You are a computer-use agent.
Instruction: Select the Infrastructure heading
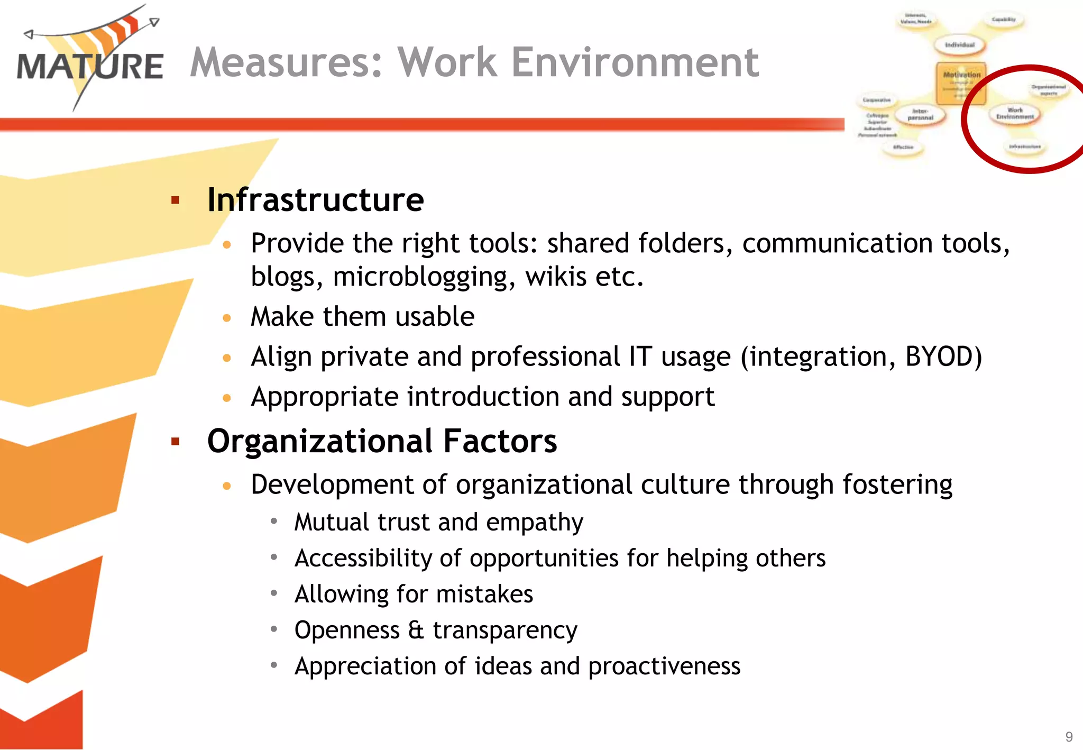pyautogui.click(x=315, y=200)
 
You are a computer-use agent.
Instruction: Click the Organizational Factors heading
pyautogui.click(x=382, y=441)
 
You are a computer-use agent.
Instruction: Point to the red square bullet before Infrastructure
pyautogui.click(x=176, y=200)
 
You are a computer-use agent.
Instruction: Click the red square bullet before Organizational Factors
pyautogui.click(x=176, y=442)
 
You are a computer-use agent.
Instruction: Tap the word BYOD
pyautogui.click(x=943, y=356)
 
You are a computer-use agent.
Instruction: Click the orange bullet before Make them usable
pyautogui.click(x=227, y=318)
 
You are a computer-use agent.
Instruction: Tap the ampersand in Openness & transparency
pyautogui.click(x=416, y=630)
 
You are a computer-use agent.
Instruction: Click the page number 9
pyautogui.click(x=1069, y=737)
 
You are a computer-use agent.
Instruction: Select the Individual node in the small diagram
pyautogui.click(x=959, y=45)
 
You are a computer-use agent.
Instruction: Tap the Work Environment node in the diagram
pyautogui.click(x=1015, y=114)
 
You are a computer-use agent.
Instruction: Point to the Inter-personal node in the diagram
pyautogui.click(x=920, y=114)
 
